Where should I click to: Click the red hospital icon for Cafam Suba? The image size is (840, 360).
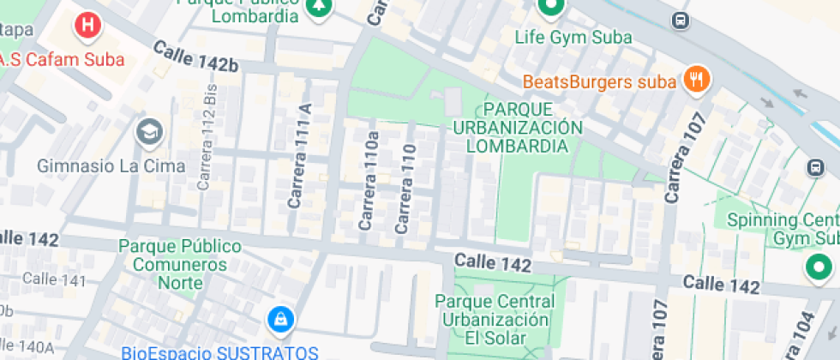87,26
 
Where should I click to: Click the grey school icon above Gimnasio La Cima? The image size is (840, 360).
149,132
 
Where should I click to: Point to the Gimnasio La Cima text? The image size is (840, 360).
111,165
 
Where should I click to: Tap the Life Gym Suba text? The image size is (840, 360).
573,38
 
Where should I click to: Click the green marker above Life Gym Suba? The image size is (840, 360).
549,7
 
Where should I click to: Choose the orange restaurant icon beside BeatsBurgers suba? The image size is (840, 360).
695,81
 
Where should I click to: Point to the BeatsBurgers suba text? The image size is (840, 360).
600,82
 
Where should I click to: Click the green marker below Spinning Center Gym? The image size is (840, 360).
818,268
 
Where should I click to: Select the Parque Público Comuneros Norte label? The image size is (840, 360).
180,255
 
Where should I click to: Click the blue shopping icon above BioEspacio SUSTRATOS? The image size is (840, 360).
279,321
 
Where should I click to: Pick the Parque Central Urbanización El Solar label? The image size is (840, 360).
495,319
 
